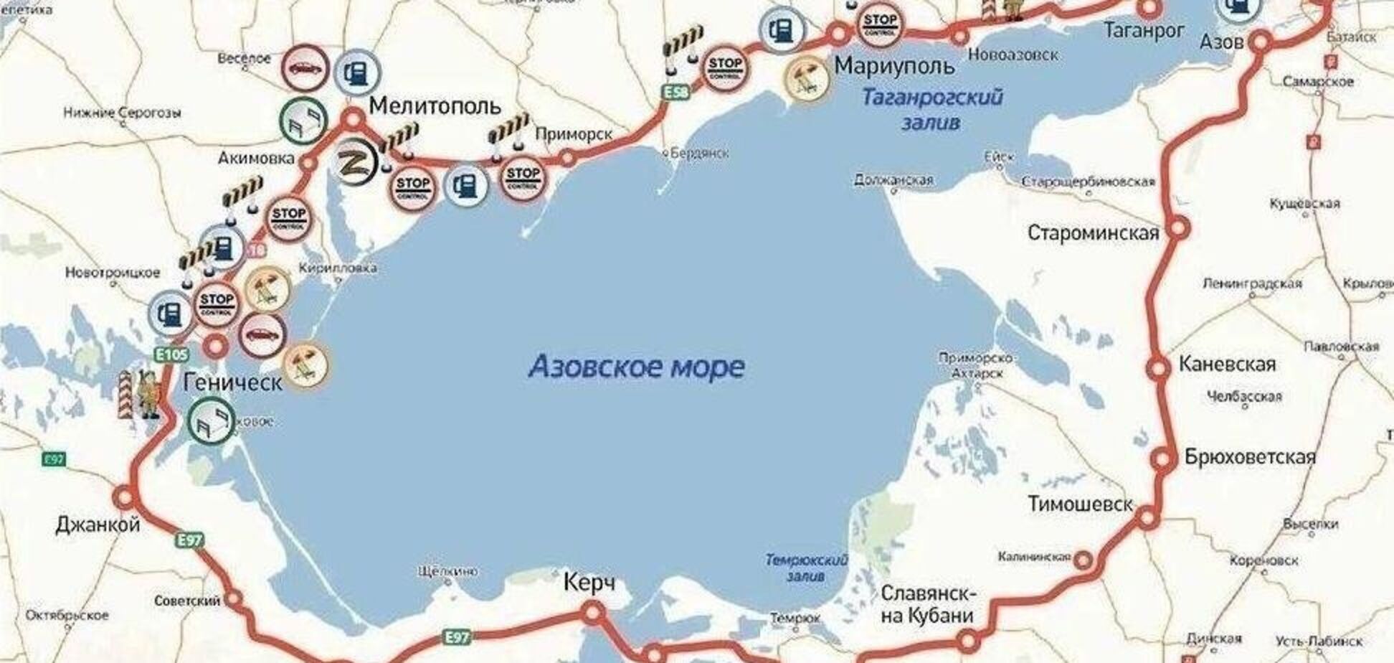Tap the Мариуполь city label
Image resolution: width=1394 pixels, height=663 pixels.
click(894, 66)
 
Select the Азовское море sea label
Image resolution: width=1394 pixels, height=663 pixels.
click(637, 367)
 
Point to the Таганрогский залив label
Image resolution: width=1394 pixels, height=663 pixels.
click(931, 108)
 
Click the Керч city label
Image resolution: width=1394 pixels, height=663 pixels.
click(589, 582)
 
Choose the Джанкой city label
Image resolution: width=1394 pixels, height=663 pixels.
click(98, 525)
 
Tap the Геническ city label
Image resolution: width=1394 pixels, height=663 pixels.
click(232, 382)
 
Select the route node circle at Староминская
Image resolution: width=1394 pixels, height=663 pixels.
click(1177, 230)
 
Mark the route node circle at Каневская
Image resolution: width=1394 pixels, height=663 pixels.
click(1157, 369)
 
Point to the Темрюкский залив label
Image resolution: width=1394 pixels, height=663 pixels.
click(806, 568)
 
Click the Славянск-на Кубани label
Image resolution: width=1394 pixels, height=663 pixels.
click(926, 604)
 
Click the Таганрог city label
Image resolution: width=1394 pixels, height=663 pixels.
click(1144, 31)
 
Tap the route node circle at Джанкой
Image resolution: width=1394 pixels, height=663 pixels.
click(125, 497)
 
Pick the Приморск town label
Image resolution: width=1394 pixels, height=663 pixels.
click(574, 134)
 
